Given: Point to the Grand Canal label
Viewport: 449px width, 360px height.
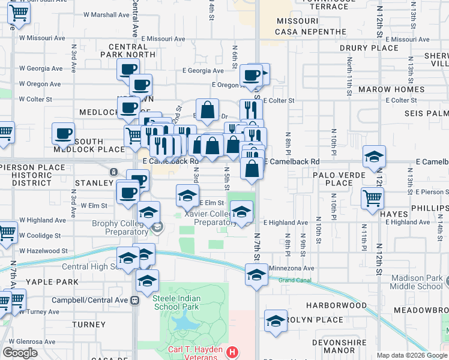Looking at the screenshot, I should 294,280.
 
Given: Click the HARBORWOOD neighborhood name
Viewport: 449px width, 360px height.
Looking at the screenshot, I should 340,305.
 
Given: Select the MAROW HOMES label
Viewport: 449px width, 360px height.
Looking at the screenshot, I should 400,89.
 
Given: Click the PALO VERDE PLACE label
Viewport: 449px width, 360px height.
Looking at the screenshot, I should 335,178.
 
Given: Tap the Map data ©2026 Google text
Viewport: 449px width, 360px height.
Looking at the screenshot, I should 412,356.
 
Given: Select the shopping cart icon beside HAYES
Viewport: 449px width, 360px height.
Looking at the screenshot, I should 372,197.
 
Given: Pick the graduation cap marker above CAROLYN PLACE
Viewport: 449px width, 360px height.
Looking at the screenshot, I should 276,320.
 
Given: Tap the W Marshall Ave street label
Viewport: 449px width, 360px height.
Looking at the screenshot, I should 107,14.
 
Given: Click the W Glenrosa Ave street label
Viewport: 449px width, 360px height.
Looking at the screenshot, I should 29,341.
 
